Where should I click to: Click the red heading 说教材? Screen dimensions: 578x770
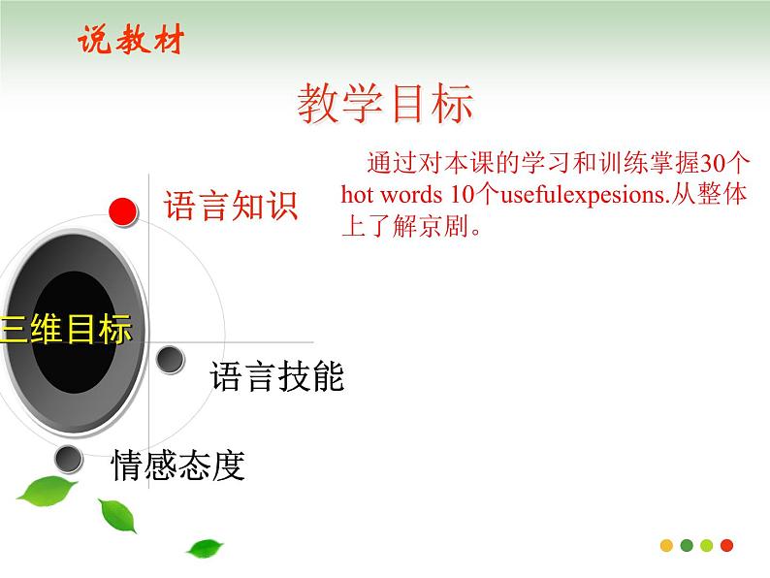point(129,41)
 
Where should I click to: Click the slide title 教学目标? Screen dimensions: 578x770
point(385,104)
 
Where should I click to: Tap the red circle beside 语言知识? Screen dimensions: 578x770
point(122,209)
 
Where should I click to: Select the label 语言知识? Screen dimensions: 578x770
point(230,206)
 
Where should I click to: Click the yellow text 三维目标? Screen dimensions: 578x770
point(66,330)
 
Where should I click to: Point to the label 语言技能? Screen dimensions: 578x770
point(276,376)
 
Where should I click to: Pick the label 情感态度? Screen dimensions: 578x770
point(177,466)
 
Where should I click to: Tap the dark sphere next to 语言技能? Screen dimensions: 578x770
point(171,360)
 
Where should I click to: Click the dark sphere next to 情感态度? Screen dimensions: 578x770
point(68,458)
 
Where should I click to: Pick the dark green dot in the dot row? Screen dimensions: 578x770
point(687,545)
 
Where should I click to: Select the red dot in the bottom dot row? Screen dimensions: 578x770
point(727,545)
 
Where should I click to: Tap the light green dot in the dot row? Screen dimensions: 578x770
point(707,545)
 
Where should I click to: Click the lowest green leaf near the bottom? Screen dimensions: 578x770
point(205,548)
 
